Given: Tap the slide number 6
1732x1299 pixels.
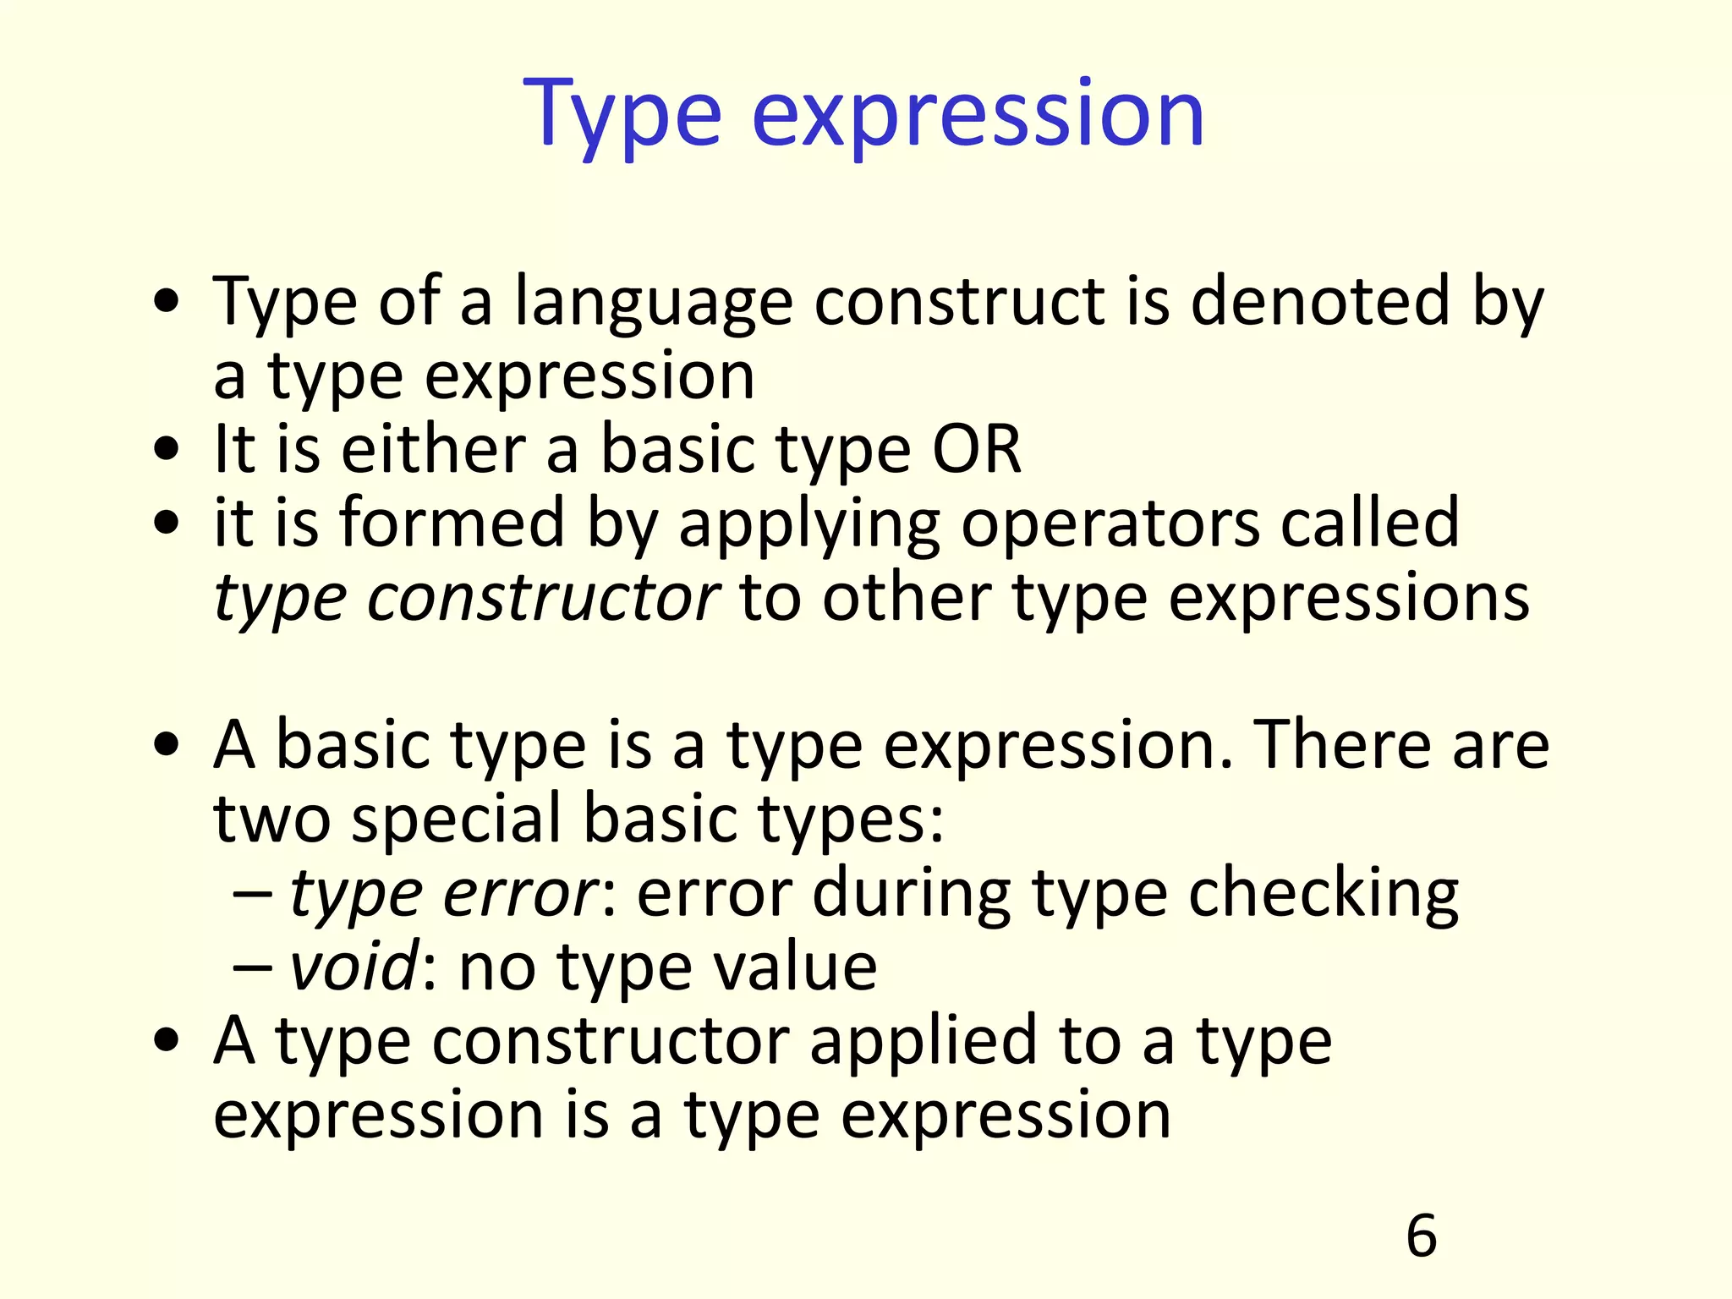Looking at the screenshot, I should coord(1421,1236).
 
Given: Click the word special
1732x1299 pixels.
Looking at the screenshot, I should coord(457,819).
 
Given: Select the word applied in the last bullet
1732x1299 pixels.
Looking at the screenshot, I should coord(923,1041).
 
